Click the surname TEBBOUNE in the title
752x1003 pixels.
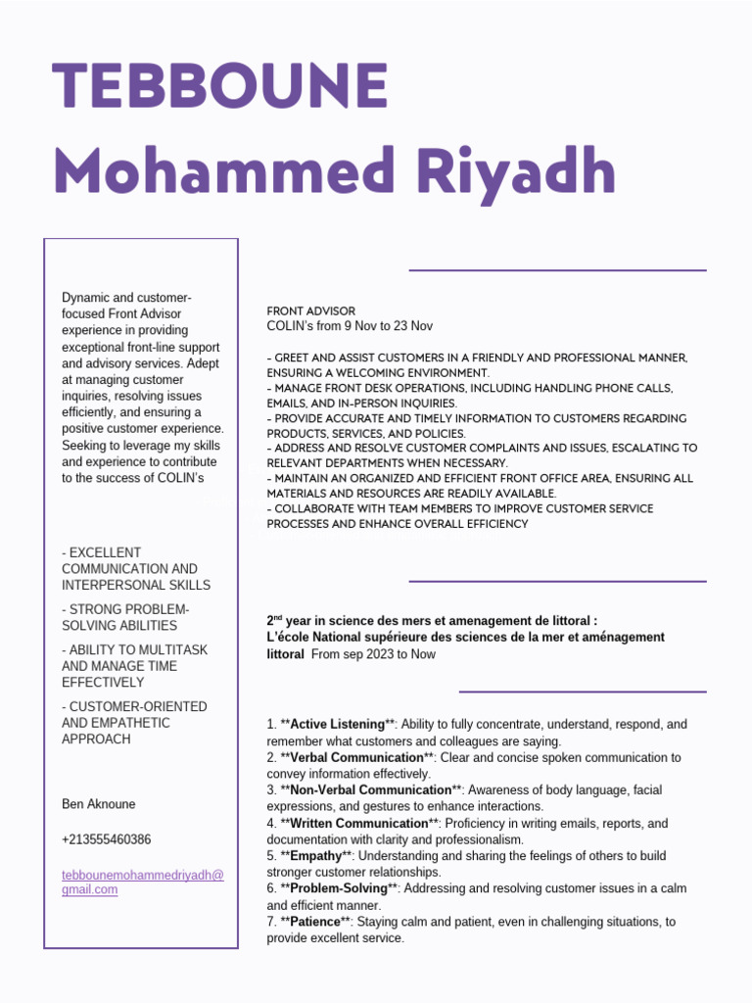click(x=221, y=86)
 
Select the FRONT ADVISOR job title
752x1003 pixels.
click(x=311, y=310)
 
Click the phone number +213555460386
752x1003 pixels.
click(x=106, y=839)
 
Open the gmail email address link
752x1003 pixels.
click(x=143, y=882)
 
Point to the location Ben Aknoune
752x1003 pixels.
click(x=99, y=804)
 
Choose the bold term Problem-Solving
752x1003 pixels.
click(x=339, y=888)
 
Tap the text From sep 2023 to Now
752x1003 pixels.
click(x=373, y=654)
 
